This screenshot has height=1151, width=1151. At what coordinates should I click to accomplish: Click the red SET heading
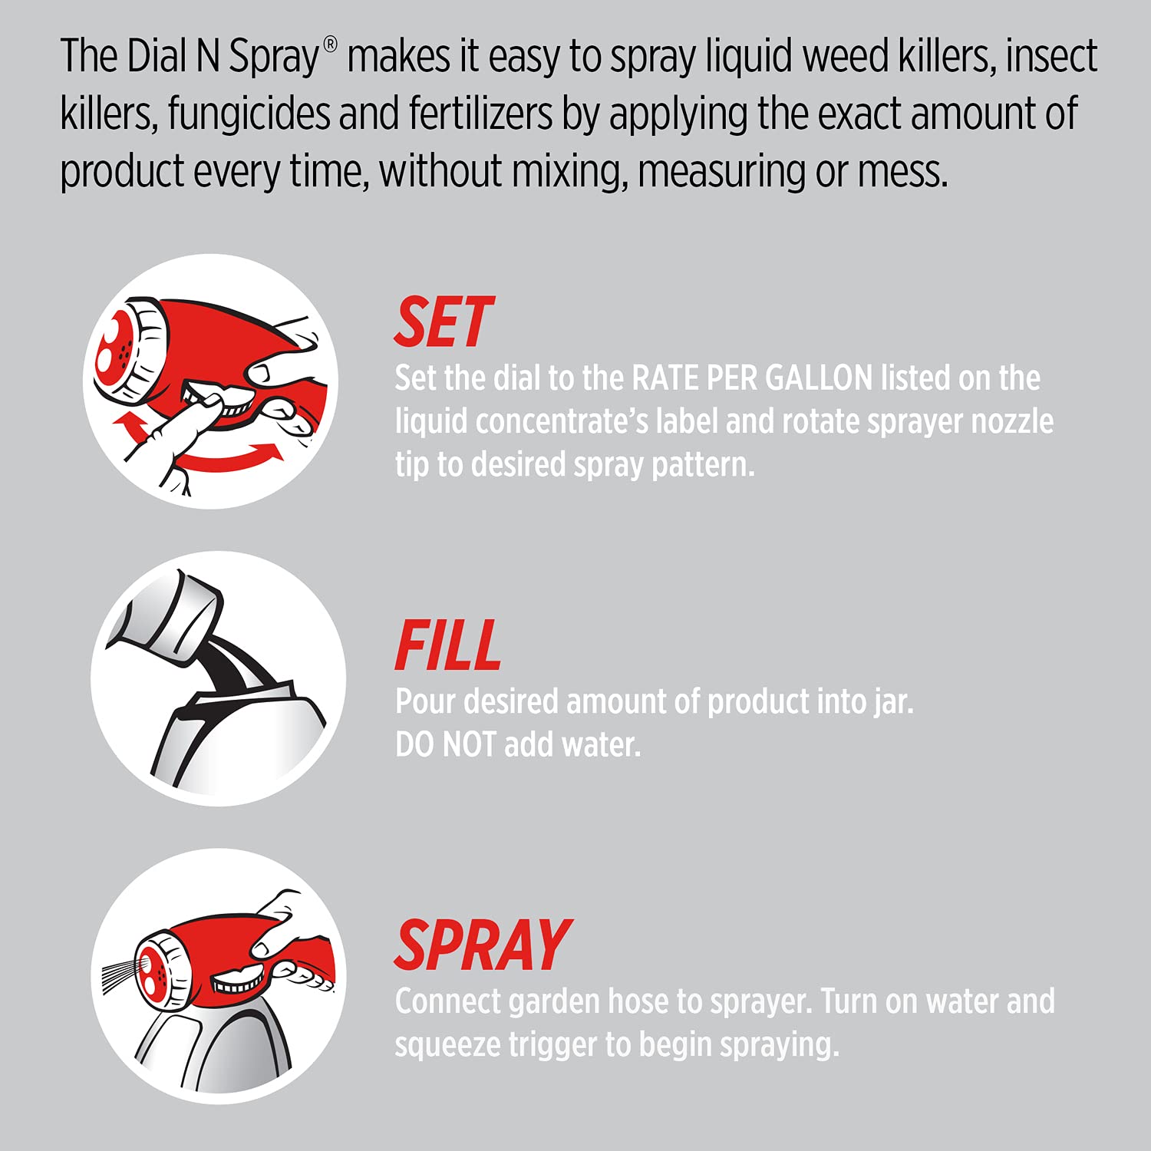[444, 323]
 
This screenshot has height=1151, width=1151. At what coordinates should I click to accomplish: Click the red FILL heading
[447, 646]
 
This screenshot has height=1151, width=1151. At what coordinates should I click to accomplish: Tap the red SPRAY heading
[482, 946]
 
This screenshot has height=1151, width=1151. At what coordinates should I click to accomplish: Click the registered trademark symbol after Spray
[330, 45]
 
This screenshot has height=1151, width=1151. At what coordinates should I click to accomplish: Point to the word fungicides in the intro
[249, 114]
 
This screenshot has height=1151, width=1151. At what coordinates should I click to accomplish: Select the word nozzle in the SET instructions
[1012, 421]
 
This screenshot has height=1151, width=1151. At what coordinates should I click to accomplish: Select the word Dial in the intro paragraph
[157, 56]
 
